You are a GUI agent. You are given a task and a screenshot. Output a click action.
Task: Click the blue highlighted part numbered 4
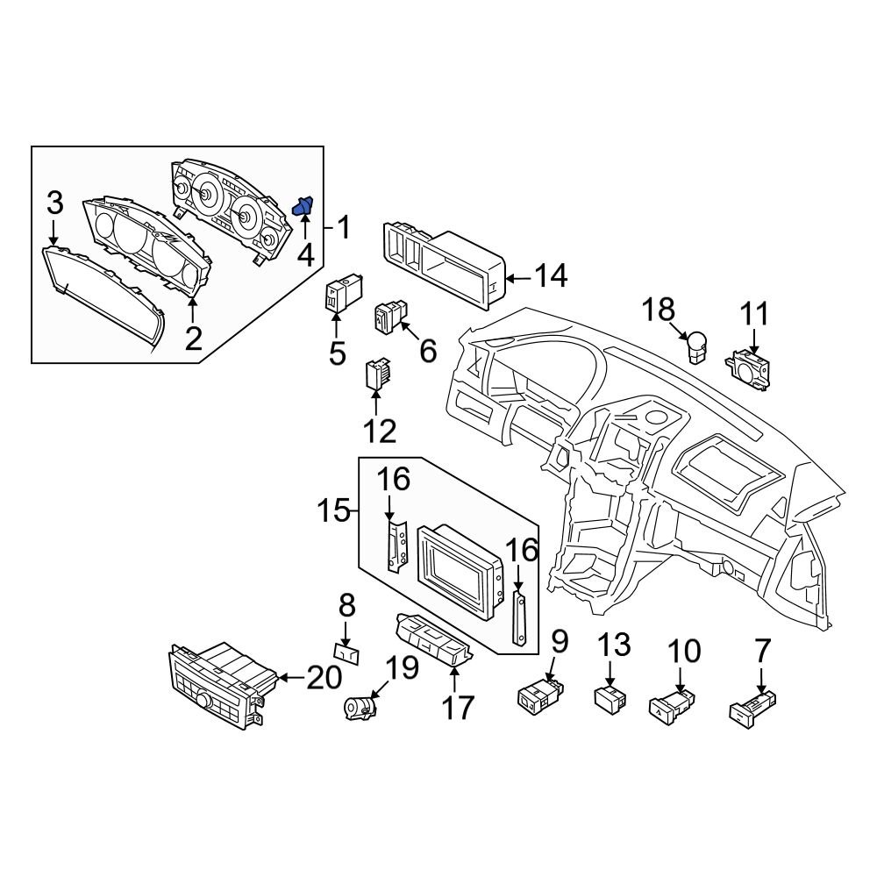[x=303, y=207]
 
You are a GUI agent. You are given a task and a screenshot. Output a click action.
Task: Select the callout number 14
[x=551, y=277]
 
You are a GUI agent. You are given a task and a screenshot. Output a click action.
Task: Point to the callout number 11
[x=754, y=314]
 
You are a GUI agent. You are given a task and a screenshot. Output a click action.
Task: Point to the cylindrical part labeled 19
[x=361, y=706]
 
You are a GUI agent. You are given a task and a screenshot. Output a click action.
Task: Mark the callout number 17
[x=457, y=707]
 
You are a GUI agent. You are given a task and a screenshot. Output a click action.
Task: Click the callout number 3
[x=54, y=203]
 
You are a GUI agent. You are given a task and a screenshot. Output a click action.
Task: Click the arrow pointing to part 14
[x=519, y=280]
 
